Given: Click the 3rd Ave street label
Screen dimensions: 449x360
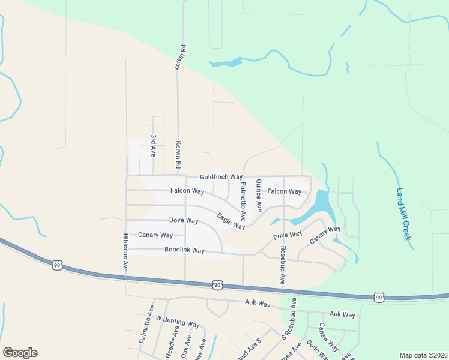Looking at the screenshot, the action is [154, 146].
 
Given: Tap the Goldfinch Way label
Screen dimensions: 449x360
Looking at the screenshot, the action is [221, 177].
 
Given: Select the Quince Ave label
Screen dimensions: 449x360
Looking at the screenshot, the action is [259, 196].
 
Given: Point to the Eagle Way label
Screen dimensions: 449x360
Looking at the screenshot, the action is [231, 221].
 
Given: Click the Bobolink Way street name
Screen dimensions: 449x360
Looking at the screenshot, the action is [184, 250].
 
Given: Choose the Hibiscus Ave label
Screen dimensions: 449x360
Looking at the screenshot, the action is [125, 253].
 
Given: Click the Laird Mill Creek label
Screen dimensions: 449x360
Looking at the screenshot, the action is [403, 214].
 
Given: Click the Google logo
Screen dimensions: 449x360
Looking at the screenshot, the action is [20, 353].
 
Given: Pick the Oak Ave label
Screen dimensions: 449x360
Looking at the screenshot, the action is [187, 348].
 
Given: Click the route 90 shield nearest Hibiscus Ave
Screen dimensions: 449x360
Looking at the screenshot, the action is [56, 265].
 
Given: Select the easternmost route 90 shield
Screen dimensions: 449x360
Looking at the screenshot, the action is [378, 297].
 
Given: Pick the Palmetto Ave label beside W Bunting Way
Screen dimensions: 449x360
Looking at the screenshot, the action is [146, 324].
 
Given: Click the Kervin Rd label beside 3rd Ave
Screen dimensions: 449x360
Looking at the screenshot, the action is [178, 155].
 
